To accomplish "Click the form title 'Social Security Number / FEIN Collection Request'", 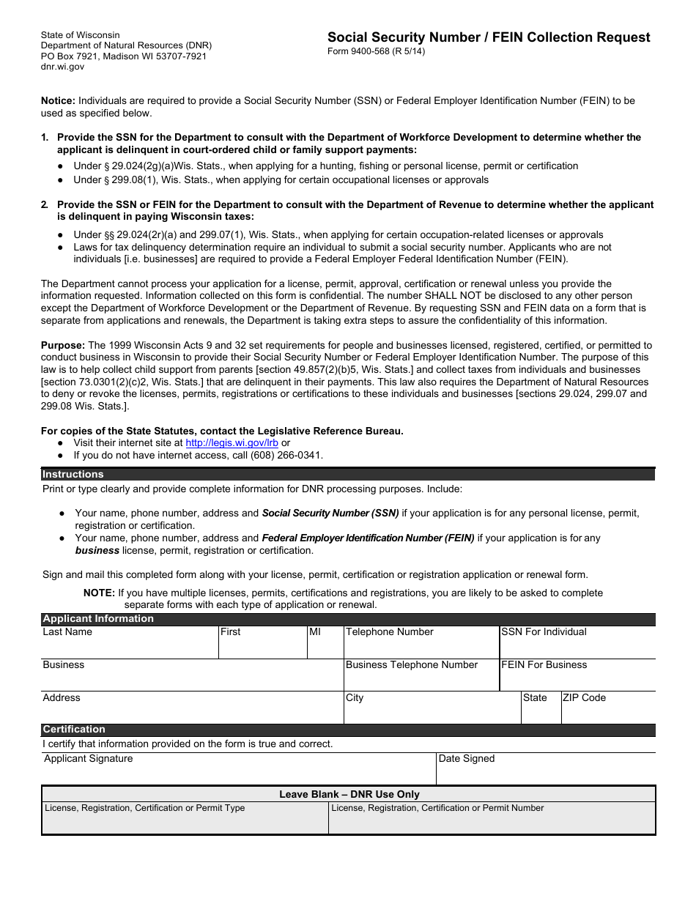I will click(x=488, y=37).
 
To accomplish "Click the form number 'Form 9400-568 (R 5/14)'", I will click(x=376, y=51).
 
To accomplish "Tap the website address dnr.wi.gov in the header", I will click(x=62, y=67).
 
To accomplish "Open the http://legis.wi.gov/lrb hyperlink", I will click(x=232, y=442).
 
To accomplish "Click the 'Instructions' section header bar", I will click(x=348, y=474).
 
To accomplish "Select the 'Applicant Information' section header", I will click(x=348, y=619).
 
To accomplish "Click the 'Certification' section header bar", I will click(x=348, y=730).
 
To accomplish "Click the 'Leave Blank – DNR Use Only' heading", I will click(x=349, y=794).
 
